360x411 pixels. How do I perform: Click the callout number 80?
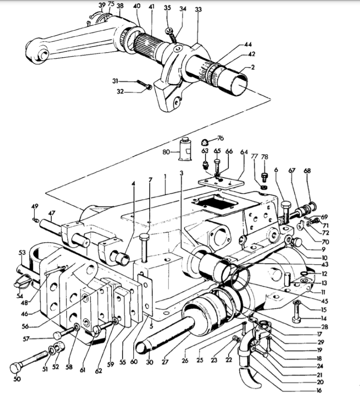click(x=166, y=152)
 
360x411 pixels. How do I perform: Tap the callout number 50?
click(x=17, y=379)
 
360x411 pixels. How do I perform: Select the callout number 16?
click(x=319, y=390)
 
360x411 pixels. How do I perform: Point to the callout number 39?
click(x=102, y=5)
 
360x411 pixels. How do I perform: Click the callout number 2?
click(x=253, y=67)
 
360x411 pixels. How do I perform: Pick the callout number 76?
click(x=220, y=138)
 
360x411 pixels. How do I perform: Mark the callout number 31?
click(x=115, y=81)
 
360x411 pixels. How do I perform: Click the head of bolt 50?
click(x=15, y=368)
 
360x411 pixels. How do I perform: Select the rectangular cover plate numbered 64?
click(x=221, y=183)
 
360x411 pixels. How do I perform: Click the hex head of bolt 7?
click(x=144, y=237)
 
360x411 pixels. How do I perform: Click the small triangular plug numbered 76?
click(x=204, y=142)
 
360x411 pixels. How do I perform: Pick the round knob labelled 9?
click(x=297, y=242)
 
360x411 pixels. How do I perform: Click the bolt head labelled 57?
click(x=57, y=335)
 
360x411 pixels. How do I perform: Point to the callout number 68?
click(x=307, y=171)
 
